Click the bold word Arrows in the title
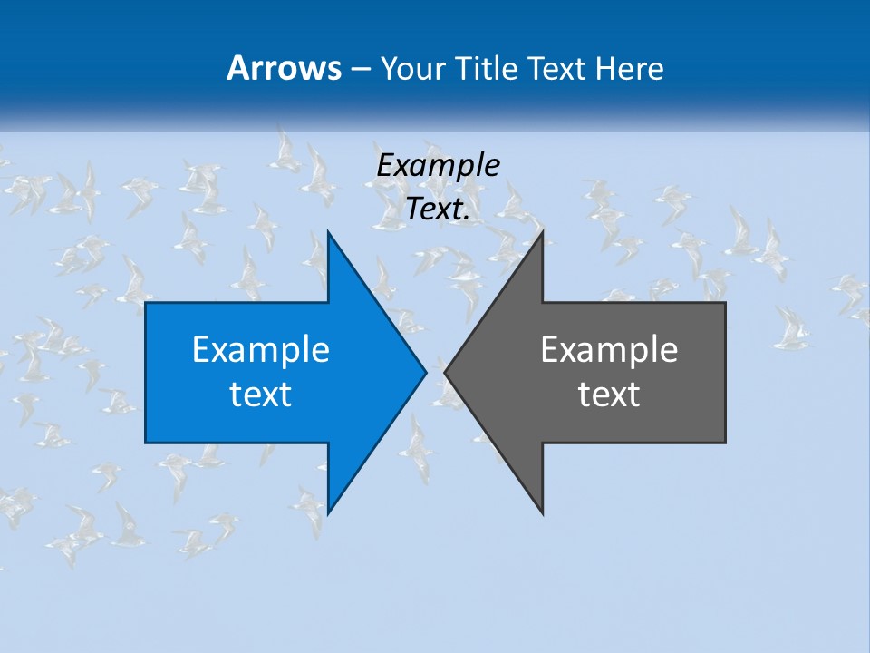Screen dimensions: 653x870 (285, 68)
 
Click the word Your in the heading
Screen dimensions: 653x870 (413, 68)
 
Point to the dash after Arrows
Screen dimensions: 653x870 (360, 69)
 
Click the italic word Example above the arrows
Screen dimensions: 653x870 (438, 165)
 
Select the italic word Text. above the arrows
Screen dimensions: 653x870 (438, 210)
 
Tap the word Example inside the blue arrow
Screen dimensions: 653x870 (261, 349)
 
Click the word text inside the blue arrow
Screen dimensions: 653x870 (261, 394)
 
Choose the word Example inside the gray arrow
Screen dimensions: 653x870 (609, 349)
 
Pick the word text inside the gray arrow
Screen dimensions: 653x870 (609, 394)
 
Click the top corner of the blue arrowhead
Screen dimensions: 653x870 (328, 231)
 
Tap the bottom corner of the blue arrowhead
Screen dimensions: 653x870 (328, 513)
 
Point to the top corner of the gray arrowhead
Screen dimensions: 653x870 (542, 232)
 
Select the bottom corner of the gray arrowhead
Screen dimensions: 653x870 (542, 513)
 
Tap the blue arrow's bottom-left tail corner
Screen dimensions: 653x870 (146, 443)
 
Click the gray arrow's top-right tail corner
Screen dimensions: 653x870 (725, 303)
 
